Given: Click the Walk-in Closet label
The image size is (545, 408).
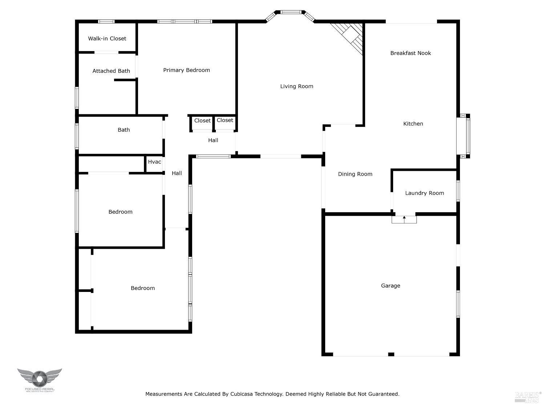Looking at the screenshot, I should coord(107,38).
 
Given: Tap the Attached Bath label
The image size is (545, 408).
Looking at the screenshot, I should coord(111,71).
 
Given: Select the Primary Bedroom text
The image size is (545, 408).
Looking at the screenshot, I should coord(186,70).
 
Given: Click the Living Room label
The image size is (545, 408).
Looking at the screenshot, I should coord(296,86).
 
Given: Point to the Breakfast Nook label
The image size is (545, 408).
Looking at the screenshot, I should coord(411,53).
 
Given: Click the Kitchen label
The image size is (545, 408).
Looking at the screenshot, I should coord(413,124).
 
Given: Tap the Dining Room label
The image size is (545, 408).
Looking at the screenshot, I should coord(355,174).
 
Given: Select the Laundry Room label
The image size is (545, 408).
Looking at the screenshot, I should coord(424,193).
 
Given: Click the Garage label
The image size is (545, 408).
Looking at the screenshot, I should coord(391,286).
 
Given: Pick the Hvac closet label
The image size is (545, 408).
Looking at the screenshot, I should coord(154,162).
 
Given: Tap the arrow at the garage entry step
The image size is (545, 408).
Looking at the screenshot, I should coord(404,218).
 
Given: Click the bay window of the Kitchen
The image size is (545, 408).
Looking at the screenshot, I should coord(465,136).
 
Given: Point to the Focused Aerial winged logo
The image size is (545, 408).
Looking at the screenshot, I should coord(40,378).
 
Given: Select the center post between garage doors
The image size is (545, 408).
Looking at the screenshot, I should coord(391,354).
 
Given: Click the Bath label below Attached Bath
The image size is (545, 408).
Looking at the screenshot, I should coord(124,130).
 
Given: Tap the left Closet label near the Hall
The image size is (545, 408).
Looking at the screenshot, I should coord(202,121).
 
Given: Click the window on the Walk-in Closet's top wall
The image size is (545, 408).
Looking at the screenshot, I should coord(106,22).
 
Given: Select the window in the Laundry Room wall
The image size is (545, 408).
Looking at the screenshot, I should coord(458,191).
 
